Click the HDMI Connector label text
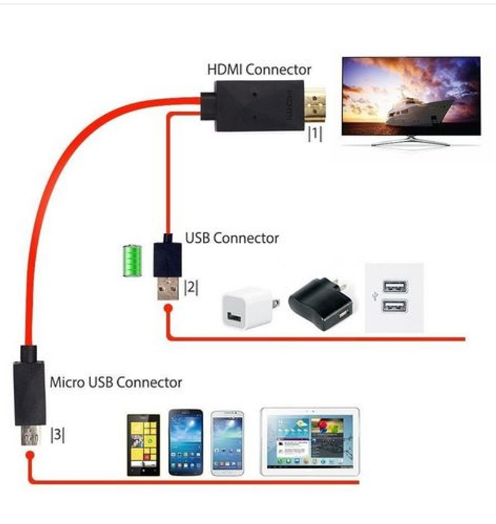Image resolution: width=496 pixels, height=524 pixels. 259,69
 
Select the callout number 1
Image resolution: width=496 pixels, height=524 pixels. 315,134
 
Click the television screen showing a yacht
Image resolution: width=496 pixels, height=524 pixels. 411,96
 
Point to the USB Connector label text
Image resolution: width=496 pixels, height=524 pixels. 232,238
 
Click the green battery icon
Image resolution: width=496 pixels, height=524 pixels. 131,261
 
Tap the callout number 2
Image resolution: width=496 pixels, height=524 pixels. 191,287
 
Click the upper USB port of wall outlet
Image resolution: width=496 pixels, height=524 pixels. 396,287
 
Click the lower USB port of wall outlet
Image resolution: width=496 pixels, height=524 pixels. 396,306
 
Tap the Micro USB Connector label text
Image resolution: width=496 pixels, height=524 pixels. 116,382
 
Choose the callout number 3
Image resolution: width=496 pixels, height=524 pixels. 57,435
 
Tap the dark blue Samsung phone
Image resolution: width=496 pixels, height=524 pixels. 185,442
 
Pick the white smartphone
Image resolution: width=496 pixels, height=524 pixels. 228,442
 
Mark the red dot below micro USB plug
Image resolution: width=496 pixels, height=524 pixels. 30,456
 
